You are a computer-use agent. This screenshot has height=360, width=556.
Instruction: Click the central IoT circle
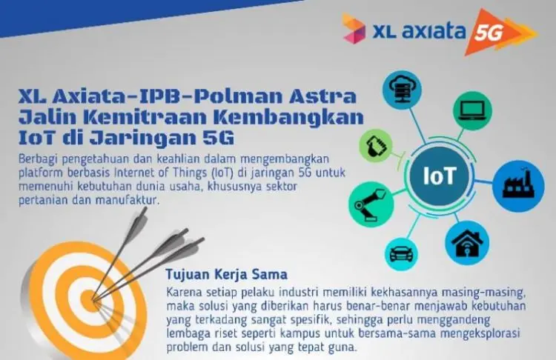click(440, 176)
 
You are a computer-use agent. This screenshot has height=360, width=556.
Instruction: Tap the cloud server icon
click(402, 89)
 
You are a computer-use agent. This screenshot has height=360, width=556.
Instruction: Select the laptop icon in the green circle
click(472, 110)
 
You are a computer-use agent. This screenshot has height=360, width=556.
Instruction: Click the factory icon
click(518, 186)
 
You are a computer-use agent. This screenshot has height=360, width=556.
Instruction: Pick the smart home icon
click(467, 243)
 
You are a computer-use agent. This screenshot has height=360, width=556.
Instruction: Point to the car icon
click(401, 253)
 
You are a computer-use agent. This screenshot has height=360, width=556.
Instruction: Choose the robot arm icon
click(371, 204)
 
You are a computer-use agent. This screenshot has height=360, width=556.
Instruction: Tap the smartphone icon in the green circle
click(376, 146)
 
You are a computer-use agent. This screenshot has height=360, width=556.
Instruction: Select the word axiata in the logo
click(434, 32)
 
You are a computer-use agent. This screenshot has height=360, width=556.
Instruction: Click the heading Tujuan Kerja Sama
click(226, 274)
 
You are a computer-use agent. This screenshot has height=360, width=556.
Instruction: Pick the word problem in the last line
click(188, 347)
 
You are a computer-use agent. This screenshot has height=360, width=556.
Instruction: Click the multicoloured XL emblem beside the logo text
click(354, 29)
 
